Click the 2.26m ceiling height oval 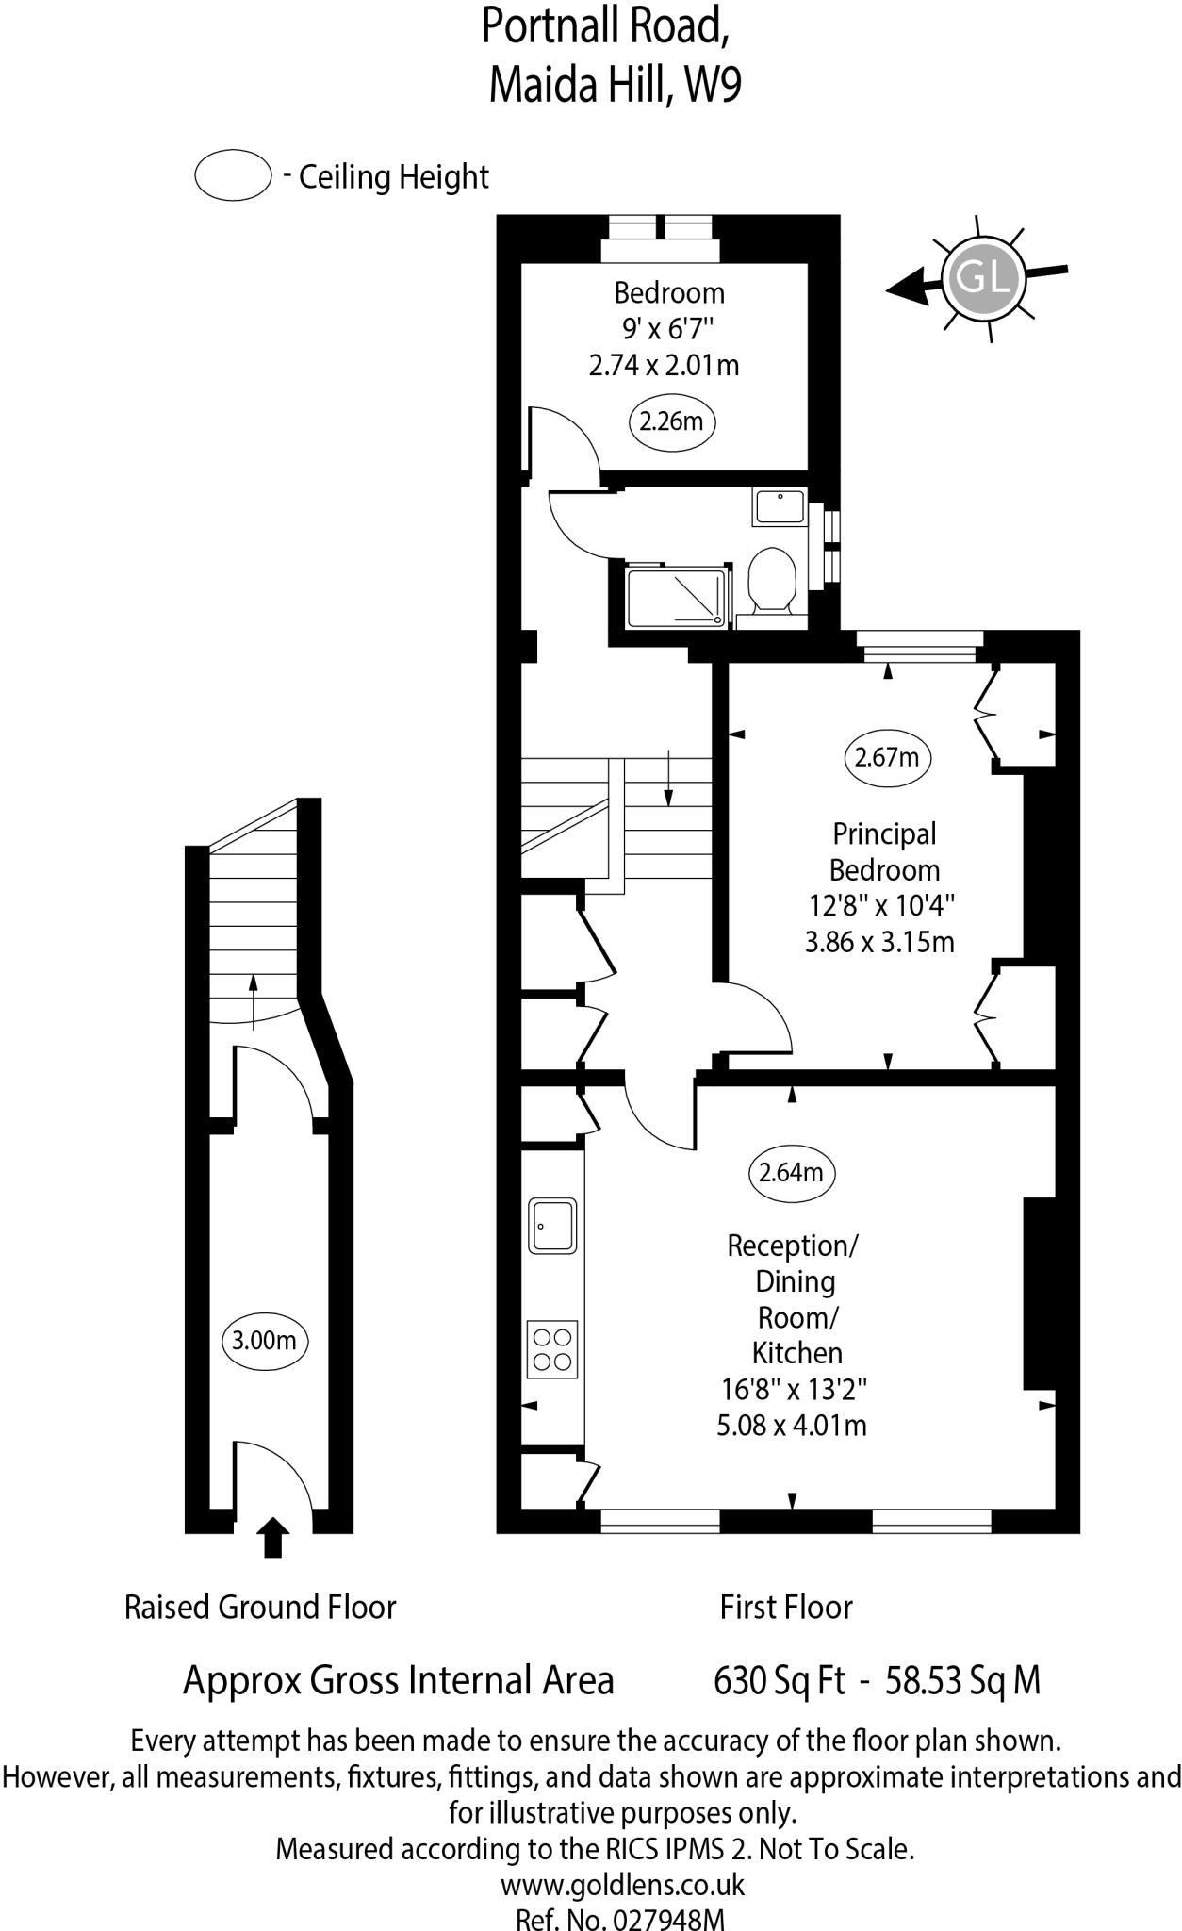coord(671,421)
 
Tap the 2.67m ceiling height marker coord(886,757)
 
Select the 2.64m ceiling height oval coord(792,1173)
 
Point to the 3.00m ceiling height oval coord(264,1340)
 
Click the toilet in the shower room coord(774,579)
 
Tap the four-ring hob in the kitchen coord(552,1349)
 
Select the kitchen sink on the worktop coord(552,1225)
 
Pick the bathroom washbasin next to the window coord(780,506)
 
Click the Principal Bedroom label coord(884,851)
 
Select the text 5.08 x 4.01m coord(792,1425)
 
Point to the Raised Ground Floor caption coord(260,1607)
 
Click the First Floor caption coord(786,1607)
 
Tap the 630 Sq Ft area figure coord(779,1679)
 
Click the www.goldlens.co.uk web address coord(622,1884)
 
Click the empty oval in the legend coord(233,175)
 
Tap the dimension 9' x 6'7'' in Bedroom coord(668,329)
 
